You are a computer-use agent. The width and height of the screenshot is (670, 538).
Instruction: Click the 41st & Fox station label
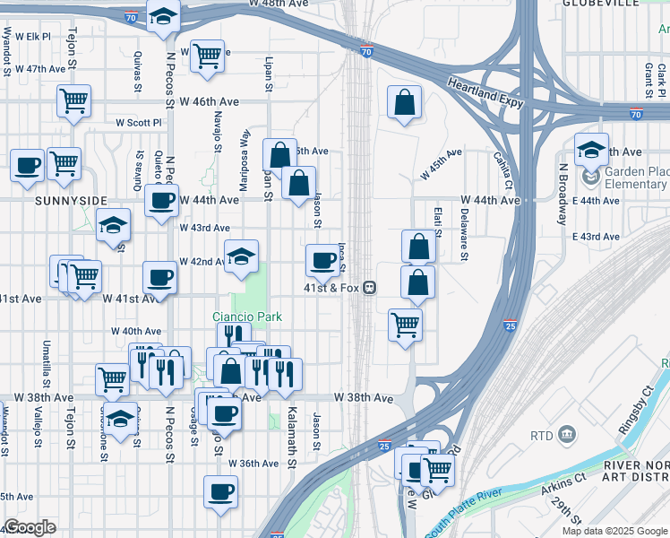coord(331,288)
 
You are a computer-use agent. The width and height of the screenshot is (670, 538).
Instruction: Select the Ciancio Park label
coord(247,317)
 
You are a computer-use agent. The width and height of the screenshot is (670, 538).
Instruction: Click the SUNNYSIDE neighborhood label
coord(71,201)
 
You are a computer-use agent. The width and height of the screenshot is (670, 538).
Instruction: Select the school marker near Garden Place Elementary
coord(591,149)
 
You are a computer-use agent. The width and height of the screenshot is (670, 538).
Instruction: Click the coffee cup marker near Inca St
coord(322,261)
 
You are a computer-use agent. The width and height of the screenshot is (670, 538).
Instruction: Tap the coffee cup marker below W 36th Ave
coord(220,491)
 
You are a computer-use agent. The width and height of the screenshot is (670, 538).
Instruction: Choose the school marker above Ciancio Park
coord(240,256)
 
